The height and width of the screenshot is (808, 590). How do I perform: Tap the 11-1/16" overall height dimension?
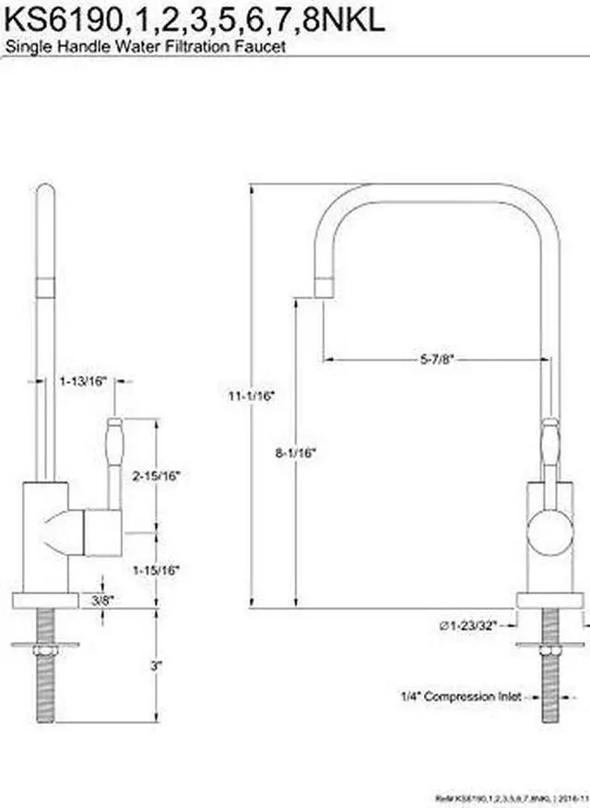252,395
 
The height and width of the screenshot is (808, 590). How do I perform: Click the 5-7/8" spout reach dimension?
432,358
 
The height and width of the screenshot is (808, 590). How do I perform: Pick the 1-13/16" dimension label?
83,380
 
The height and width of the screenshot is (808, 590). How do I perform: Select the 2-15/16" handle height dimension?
155,476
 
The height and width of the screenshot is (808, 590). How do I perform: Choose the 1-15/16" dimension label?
155,570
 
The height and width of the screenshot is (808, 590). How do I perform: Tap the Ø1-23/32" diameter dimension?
467,626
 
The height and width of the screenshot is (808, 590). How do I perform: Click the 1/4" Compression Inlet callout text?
460,696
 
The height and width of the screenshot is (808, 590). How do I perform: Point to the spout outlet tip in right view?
323,288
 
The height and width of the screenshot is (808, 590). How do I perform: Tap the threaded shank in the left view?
44,701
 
